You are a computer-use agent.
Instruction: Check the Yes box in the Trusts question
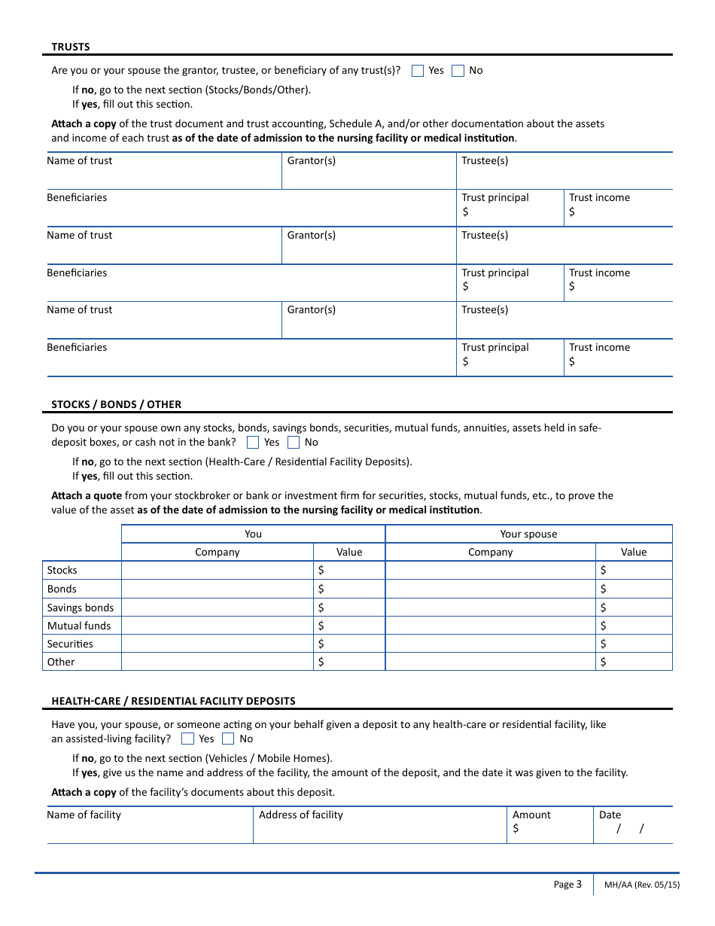click(418, 71)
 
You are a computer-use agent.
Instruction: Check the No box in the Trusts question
click(458, 71)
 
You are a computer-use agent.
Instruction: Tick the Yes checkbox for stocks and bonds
click(254, 443)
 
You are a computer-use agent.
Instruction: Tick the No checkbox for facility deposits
click(228, 739)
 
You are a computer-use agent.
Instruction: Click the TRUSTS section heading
click(70, 47)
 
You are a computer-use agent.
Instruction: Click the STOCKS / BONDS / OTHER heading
click(116, 404)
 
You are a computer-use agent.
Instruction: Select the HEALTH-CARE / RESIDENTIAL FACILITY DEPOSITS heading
click(173, 701)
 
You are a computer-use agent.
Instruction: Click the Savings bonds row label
click(81, 608)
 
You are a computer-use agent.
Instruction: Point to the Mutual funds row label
click(78, 626)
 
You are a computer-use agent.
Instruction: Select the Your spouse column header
click(528, 534)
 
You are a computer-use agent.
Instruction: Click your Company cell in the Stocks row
click(217, 571)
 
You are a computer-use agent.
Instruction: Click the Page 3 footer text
click(567, 885)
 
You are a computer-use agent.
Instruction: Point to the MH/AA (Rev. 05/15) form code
click(641, 885)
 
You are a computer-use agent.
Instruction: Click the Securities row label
click(70, 644)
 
